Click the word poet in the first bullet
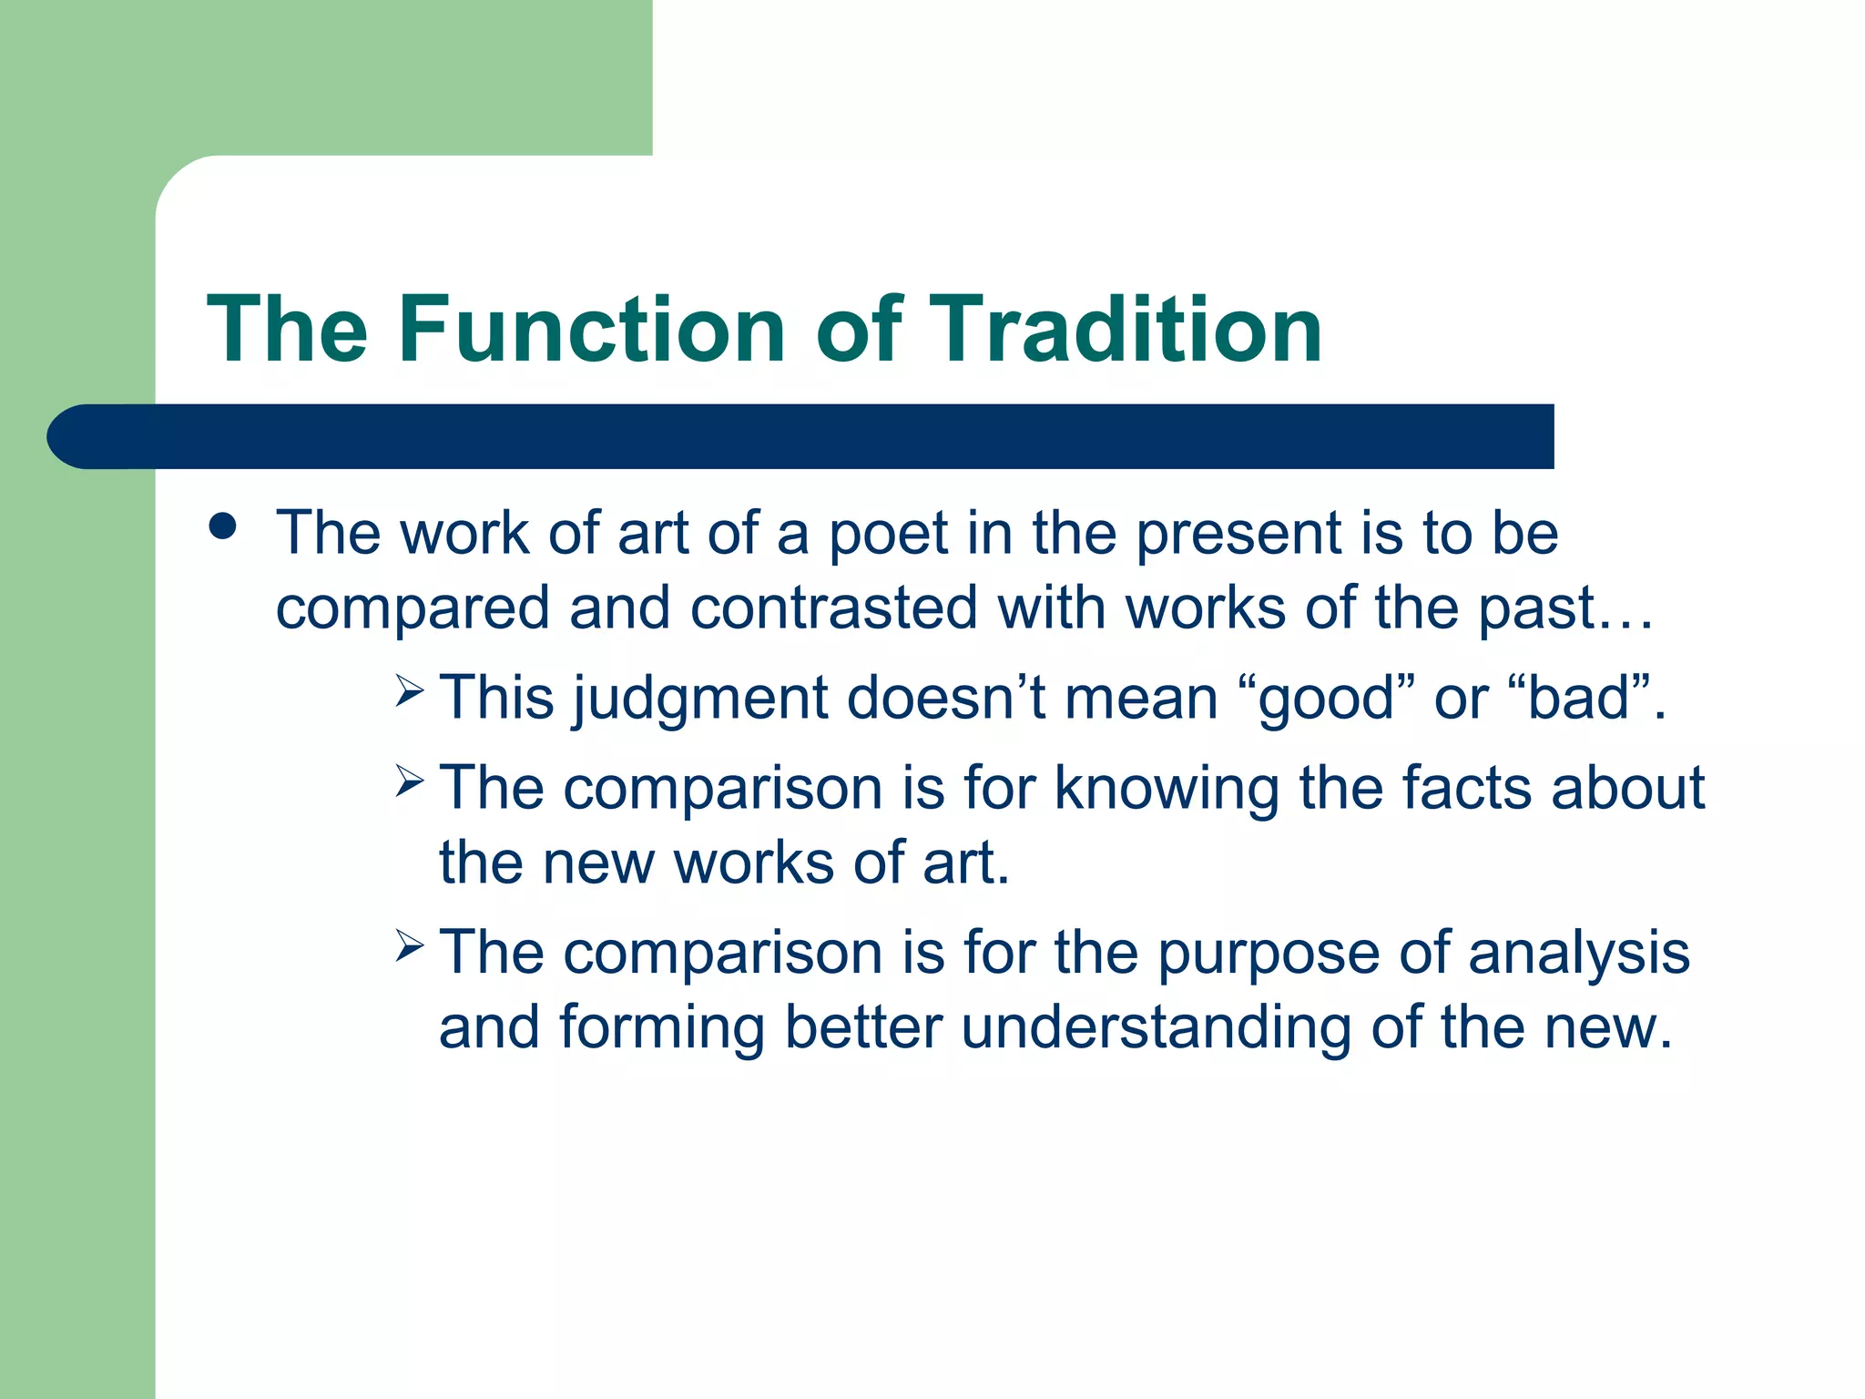(x=888, y=534)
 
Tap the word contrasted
(x=833, y=608)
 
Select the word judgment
(x=701, y=699)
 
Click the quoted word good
(x=1325, y=699)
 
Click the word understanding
(x=1157, y=1028)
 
